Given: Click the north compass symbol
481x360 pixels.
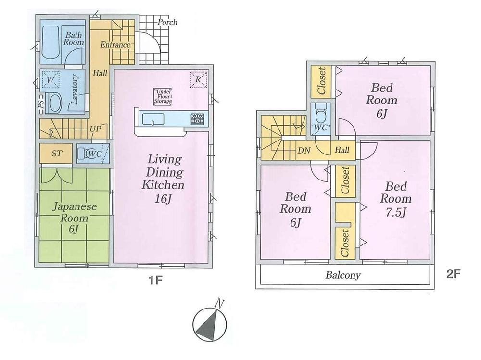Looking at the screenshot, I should point(209,322).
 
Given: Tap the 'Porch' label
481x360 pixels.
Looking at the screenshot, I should point(167,22).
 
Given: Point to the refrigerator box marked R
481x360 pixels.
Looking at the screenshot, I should point(198,79).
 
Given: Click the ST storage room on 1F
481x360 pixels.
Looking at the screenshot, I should point(56,153).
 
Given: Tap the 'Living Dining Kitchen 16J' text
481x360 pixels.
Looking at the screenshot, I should point(162,178).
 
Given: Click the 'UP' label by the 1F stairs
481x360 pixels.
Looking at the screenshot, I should point(95,129).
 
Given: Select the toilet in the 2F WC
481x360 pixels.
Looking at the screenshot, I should point(321,114).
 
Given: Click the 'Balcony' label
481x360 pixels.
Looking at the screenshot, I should point(343,276).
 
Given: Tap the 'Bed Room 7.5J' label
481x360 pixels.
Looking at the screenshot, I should point(396,199).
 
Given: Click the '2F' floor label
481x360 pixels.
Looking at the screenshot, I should point(454,275).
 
